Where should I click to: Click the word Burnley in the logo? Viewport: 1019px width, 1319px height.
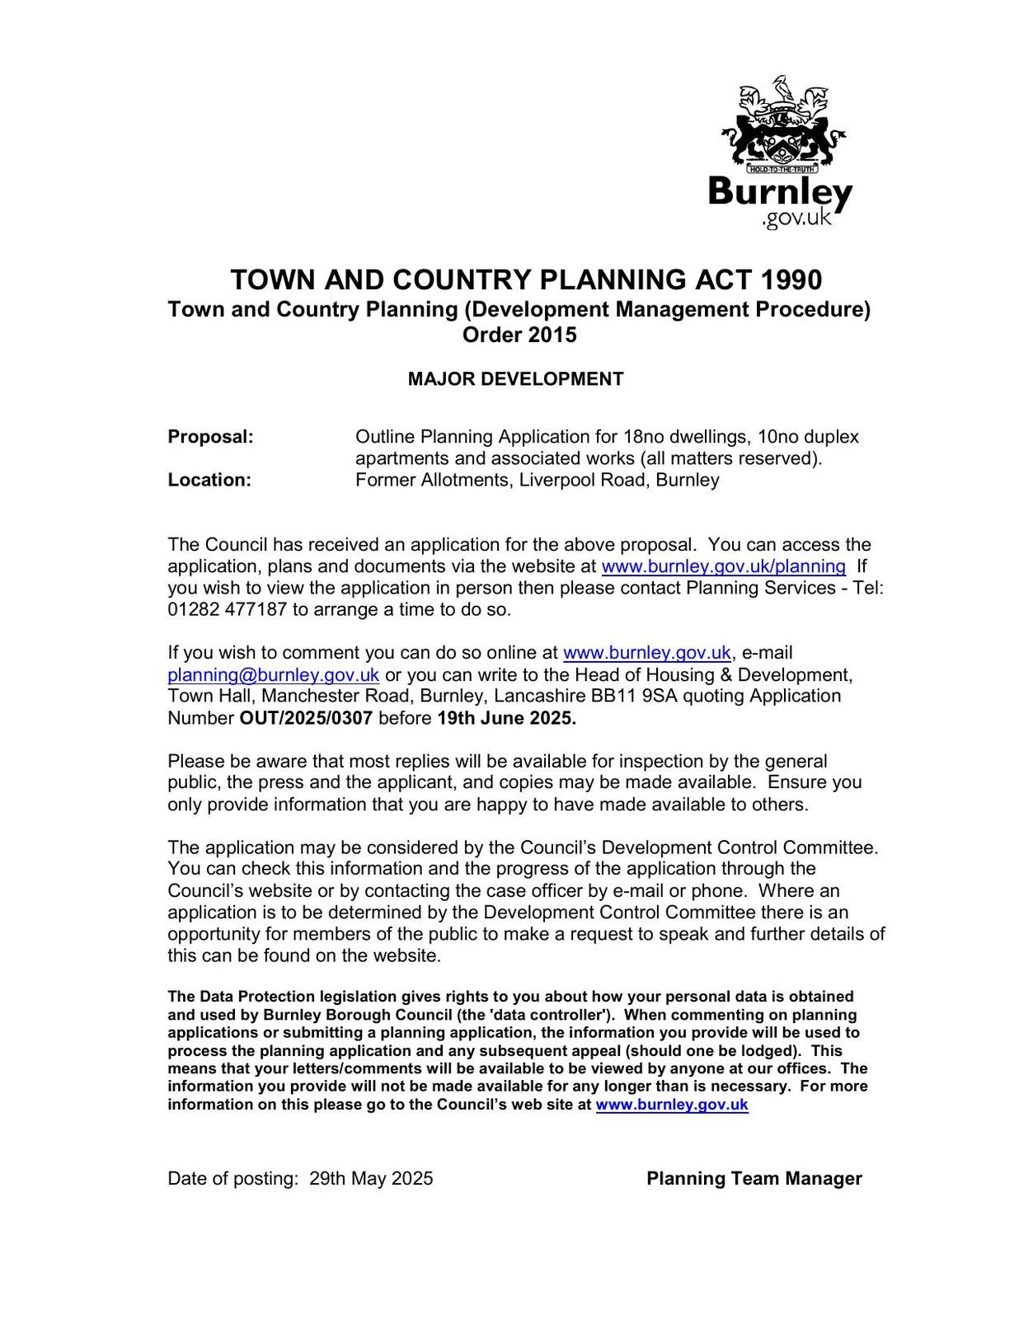(x=780, y=192)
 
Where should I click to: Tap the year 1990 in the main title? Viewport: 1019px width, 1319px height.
(x=791, y=280)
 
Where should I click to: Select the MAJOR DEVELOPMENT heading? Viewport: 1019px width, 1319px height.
(x=515, y=379)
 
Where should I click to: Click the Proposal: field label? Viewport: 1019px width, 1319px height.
(x=210, y=437)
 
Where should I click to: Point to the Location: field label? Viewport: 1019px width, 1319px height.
(x=209, y=480)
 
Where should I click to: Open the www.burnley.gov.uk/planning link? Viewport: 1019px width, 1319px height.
(x=723, y=566)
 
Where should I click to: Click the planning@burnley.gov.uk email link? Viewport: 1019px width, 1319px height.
(x=273, y=675)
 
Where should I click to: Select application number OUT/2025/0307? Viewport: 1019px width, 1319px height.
(x=306, y=718)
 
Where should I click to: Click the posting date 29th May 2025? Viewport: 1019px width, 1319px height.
(x=371, y=1179)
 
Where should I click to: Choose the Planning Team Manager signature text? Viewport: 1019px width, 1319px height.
(x=754, y=1179)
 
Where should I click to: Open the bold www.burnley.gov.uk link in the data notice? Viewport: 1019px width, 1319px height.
(x=671, y=1105)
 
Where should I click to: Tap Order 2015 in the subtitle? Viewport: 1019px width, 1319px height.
(x=519, y=336)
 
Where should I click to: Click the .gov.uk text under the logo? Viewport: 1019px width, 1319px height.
(x=796, y=219)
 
